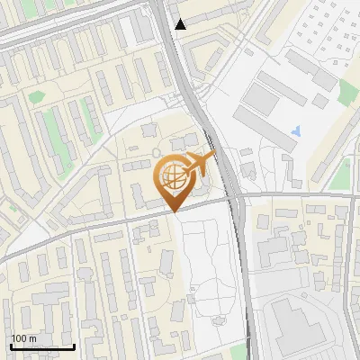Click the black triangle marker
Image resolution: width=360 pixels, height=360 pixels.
tap(182, 23)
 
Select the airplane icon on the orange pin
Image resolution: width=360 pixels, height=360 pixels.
tap(199, 166)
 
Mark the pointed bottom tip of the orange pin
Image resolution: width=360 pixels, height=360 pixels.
tap(174, 211)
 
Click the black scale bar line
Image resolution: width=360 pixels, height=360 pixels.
tap(41, 346)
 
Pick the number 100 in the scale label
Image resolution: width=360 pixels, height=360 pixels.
tap(20, 338)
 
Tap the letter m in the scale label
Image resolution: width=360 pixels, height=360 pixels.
tap(32, 339)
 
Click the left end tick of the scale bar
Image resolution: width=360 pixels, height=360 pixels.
tap(10, 344)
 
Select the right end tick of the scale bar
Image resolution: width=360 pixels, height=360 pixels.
tap(74, 344)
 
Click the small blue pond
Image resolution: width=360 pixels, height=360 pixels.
tap(296, 133)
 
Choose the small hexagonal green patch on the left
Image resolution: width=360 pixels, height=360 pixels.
tap(36, 96)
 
